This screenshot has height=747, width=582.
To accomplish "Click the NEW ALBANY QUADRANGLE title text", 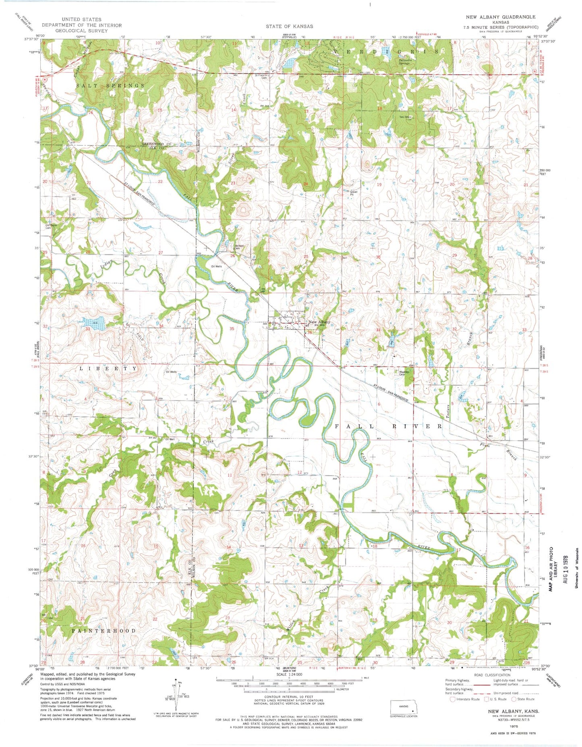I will click(501, 17).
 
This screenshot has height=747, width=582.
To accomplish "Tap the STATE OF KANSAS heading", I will click(289, 26).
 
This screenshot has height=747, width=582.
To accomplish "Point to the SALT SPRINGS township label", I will click(110, 86).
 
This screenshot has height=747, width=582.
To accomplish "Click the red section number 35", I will click(232, 329).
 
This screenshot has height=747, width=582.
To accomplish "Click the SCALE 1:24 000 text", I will click(289, 674).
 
